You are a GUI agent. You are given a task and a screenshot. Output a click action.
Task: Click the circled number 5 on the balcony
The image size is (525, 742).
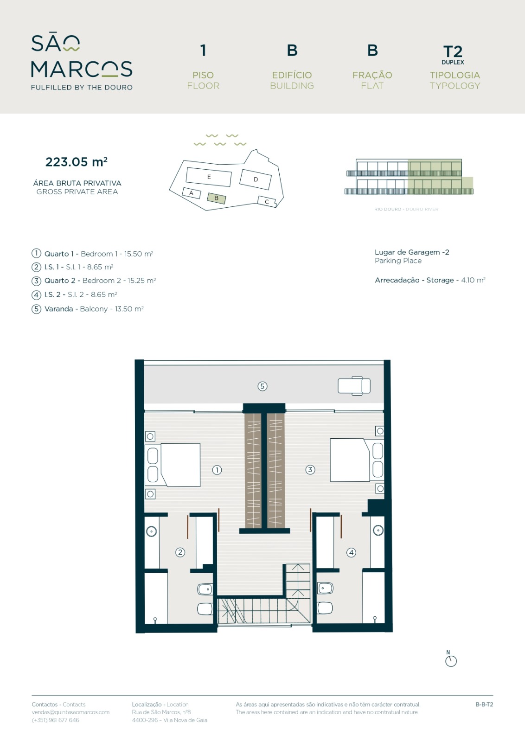point(262,386)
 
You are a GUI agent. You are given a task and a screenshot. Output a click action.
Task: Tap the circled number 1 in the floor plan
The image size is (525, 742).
point(217,470)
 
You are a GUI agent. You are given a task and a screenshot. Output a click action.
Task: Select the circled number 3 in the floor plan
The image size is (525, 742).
point(310,469)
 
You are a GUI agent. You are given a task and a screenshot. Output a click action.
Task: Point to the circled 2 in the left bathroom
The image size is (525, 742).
point(180,552)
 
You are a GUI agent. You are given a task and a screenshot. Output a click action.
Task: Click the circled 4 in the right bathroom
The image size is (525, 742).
point(351,552)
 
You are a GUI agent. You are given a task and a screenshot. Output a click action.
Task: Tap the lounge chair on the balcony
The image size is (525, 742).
point(354,386)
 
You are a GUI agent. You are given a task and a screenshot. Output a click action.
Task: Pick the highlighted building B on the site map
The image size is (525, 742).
point(216,198)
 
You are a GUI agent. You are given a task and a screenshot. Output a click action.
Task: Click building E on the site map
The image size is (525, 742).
point(209,177)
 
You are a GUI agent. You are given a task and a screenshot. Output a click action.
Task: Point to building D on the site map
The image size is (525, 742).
point(256,179)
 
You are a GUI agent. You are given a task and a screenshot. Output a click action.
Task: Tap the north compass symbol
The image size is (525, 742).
point(451,659)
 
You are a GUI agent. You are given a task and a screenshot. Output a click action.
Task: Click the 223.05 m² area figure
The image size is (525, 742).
point(76,162)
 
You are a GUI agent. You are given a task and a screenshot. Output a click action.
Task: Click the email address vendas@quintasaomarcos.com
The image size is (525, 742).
point(70,712)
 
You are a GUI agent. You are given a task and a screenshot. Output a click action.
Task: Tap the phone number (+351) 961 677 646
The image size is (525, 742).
point(55,720)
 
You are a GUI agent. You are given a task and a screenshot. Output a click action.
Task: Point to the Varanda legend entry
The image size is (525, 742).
point(88,309)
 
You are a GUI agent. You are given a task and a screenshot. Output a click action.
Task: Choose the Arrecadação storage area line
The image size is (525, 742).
point(430,280)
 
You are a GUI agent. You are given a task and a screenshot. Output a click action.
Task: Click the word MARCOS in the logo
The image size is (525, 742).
point(82,69)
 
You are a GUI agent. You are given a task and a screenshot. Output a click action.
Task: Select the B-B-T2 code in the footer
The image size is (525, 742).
point(484,704)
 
